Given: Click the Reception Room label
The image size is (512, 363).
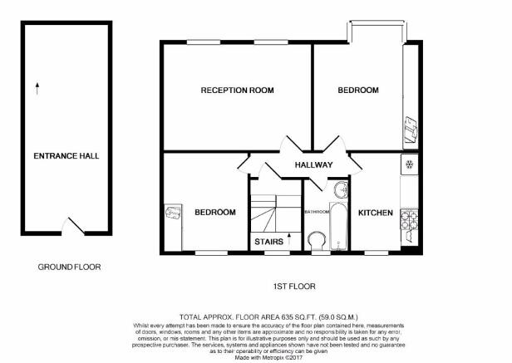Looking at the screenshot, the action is (238, 90).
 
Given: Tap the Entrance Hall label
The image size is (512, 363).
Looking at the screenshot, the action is (66, 155).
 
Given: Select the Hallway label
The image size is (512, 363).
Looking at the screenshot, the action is (314, 164).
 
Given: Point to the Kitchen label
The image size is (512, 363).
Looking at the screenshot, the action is (376, 213).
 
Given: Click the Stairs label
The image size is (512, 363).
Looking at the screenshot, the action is (268, 242).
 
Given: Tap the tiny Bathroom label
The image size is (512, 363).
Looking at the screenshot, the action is (317, 212).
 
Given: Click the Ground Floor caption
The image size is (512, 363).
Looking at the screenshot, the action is (69, 267).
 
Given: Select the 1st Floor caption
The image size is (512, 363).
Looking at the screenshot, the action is (294, 287).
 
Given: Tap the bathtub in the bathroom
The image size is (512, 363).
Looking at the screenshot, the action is (338, 226).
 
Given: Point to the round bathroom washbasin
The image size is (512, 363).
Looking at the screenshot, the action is (342, 189).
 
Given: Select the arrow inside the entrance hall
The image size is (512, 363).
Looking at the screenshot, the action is (37, 88).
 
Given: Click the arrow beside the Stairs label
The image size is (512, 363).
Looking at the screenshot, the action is (289, 239).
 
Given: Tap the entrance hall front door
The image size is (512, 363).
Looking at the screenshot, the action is (73, 226).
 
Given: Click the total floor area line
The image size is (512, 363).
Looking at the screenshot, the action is (268, 316).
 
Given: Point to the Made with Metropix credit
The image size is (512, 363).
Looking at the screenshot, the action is (269, 357).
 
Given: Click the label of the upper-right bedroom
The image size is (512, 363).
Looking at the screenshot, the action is (358, 90).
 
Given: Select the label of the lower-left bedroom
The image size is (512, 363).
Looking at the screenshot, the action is (215, 212).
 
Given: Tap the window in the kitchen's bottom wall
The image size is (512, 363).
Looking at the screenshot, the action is (377, 253).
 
